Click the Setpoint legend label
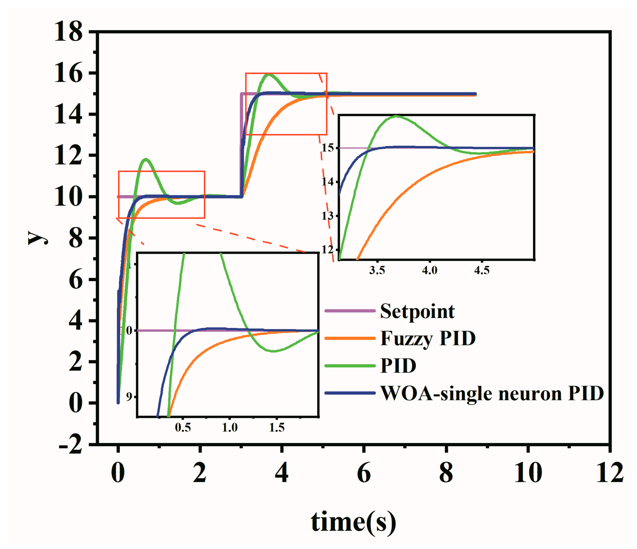pos(417,311)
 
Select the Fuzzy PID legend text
pos(428,339)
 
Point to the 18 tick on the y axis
pos(68,32)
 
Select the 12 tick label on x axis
pos(610,473)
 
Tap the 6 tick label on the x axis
pos(364,473)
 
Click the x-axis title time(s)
pos(353,522)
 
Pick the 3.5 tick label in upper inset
pos(377,271)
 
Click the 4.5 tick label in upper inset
pos(481,271)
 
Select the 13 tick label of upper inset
pos(327,216)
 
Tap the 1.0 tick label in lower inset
pos(230,428)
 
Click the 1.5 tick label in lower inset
pos(277,428)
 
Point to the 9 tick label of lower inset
pos(129,397)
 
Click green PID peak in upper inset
pos(396,116)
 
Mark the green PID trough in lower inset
pos(273,351)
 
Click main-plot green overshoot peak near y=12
pos(146,159)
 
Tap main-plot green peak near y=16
pos(269,74)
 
